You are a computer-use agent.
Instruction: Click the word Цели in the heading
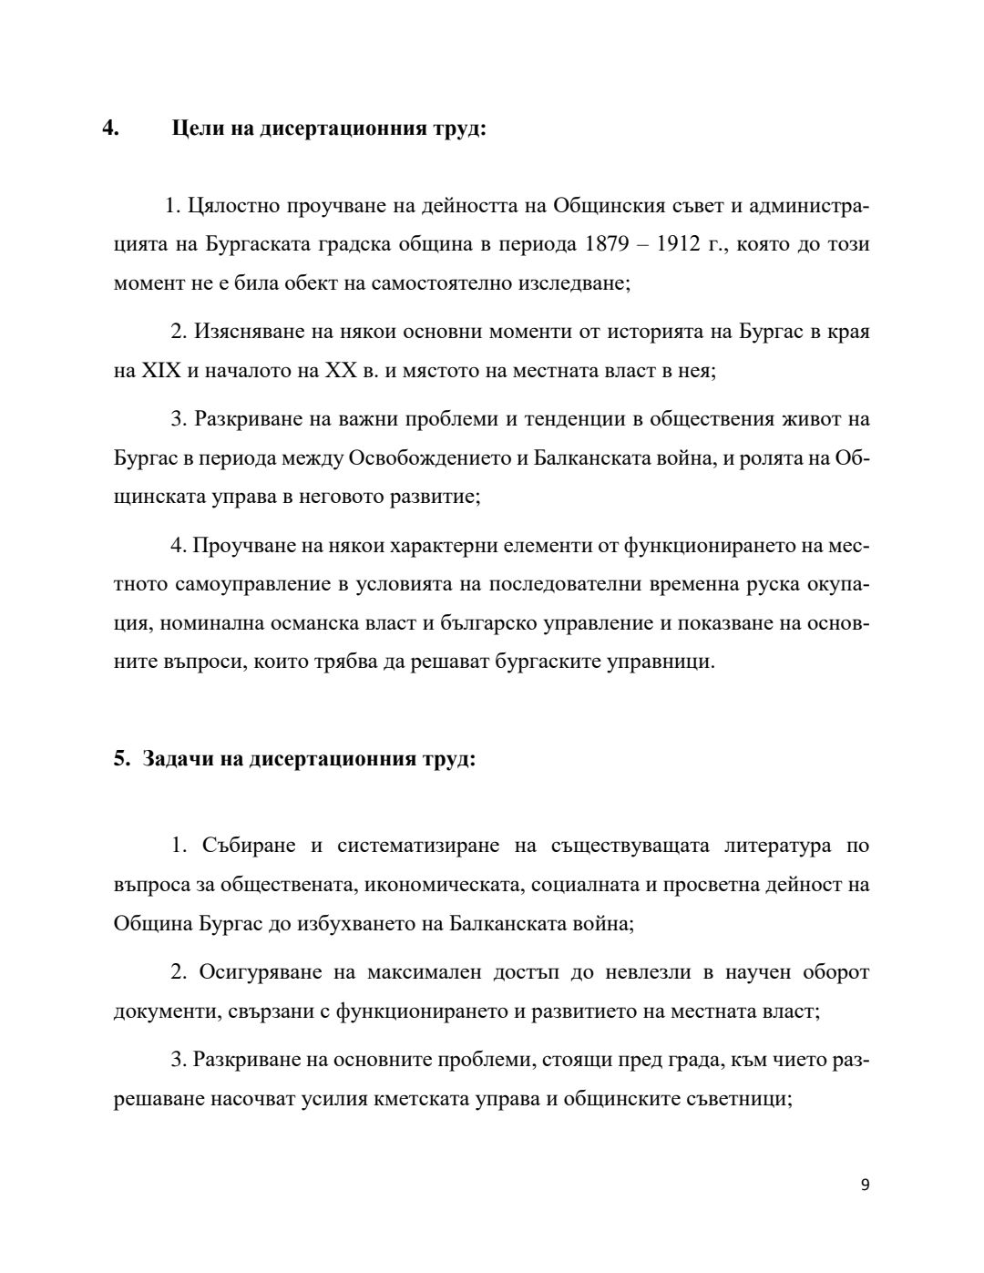point(196,128)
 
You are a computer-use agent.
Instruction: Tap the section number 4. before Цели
point(111,128)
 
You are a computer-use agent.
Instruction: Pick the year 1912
point(685,244)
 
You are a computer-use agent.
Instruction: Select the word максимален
point(424,972)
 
